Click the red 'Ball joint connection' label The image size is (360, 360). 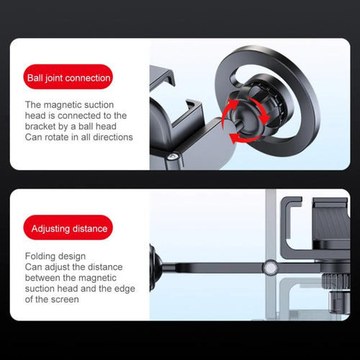(x=68, y=77)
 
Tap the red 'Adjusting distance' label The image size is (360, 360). (x=68, y=229)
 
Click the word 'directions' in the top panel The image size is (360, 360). (x=109, y=137)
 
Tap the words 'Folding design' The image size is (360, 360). (x=55, y=256)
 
